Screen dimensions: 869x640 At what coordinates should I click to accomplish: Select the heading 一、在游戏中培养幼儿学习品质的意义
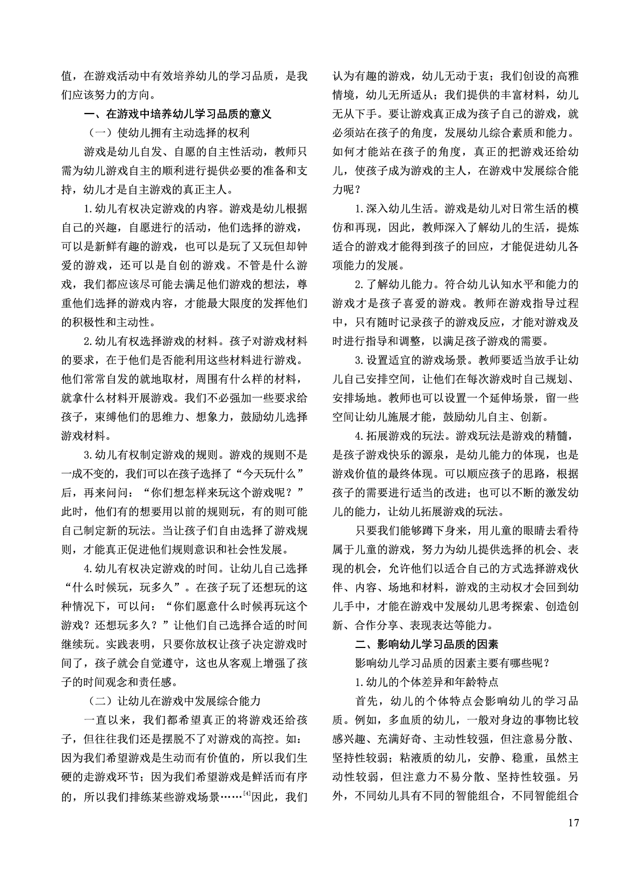point(178,114)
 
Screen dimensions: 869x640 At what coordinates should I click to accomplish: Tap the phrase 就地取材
point(162,380)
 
